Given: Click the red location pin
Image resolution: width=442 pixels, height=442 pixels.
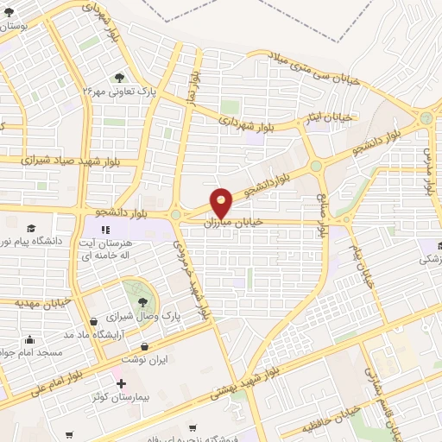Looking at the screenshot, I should point(222,203).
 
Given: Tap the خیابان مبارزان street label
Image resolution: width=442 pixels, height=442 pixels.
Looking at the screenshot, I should point(231,223).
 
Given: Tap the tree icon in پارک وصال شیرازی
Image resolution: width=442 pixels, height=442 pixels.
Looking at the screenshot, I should point(142,301).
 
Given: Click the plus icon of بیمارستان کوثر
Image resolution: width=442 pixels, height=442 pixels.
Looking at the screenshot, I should point(121,383).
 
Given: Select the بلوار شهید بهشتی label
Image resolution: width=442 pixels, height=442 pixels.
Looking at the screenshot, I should point(246,384).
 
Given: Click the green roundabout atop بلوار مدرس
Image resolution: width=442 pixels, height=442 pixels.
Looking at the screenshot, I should point(426,118).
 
